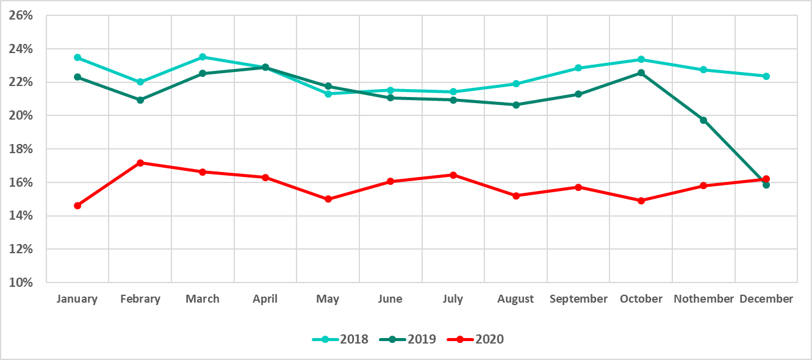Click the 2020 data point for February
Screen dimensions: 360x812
pos(140,163)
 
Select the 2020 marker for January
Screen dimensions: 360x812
pos(77,206)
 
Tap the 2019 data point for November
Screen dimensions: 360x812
pos(703,120)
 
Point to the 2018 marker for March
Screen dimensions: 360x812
pos(203,57)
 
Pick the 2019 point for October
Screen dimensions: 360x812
pos(641,73)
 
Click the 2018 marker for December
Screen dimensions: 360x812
pos(766,76)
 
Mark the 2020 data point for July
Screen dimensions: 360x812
pos(453,175)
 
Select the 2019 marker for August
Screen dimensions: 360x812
pos(516,105)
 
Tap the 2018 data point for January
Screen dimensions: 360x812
pos(77,57)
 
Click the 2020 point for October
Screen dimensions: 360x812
pos(641,200)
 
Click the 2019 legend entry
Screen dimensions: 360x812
pos(408,339)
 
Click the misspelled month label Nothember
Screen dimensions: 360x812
pos(703,299)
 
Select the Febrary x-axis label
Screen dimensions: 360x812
pos(140,299)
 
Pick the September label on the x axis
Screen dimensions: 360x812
pos(578,299)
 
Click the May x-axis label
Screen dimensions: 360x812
pos(328,299)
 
